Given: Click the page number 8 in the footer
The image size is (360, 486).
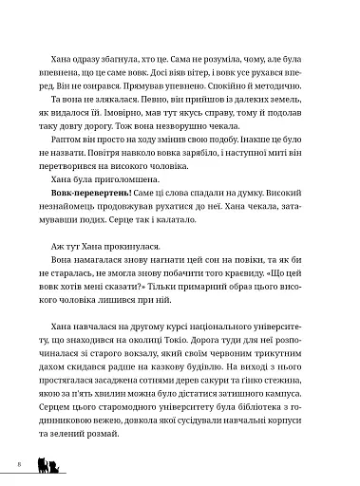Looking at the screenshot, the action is click(18, 464).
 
